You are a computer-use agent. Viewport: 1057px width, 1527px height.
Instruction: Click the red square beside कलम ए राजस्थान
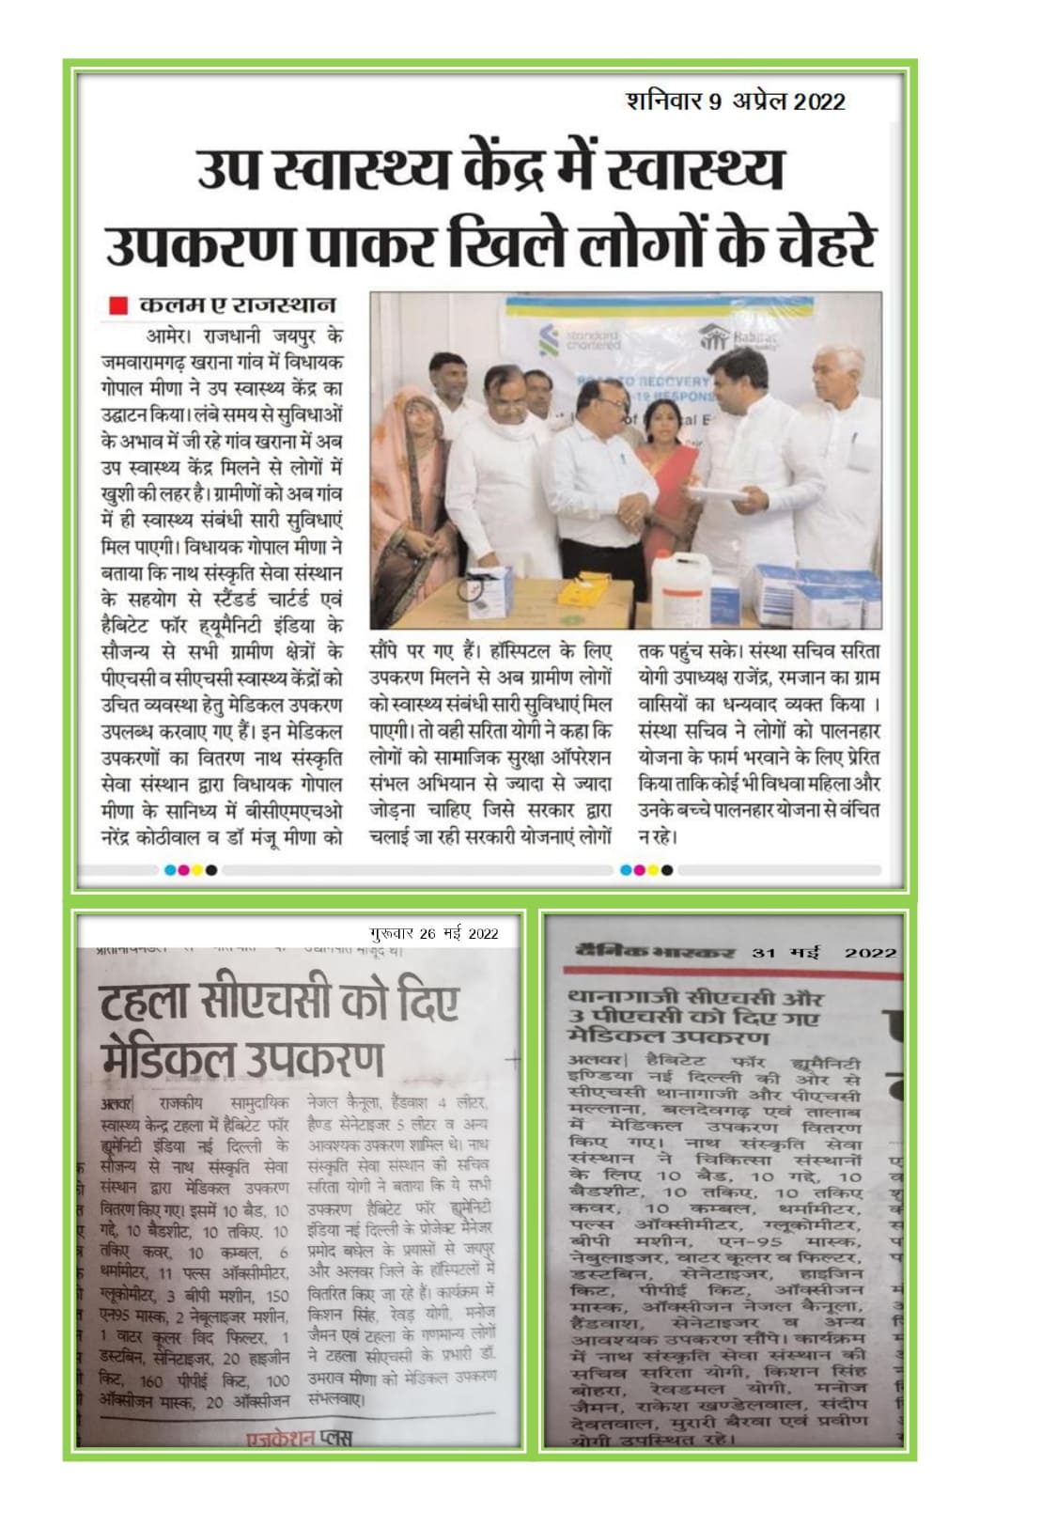tap(117, 304)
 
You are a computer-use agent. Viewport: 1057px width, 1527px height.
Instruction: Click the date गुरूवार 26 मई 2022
tap(434, 933)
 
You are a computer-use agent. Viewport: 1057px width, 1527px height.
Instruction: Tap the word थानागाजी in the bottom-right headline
tap(620, 997)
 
